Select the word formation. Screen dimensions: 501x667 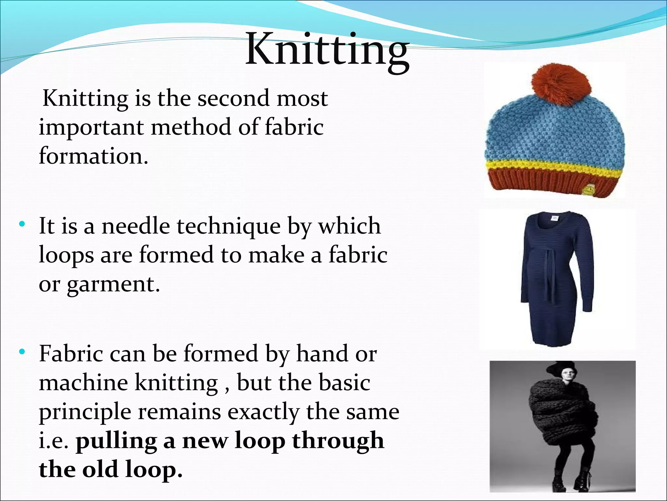pyautogui.click(x=93, y=156)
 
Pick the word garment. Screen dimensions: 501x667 pyautogui.click(x=114, y=284)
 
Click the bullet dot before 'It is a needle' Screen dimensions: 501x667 pyautogui.click(x=22, y=224)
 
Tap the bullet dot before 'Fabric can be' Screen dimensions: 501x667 pyautogui.click(x=22, y=352)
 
